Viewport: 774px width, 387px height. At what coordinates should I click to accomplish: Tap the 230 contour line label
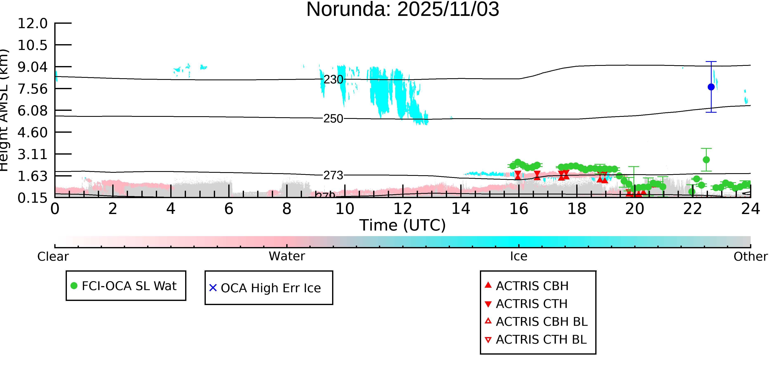pos(333,80)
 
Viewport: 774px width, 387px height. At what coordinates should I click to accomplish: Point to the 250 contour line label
pos(333,119)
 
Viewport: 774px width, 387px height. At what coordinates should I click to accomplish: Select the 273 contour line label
pos(333,175)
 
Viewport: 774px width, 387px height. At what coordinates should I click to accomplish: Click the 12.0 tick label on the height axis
pos(32,24)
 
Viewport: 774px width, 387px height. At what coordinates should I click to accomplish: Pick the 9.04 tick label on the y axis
pos(32,67)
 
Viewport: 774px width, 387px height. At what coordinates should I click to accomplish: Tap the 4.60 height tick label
pos(32,133)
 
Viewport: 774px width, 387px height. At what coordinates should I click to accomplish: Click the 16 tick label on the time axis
pos(519,209)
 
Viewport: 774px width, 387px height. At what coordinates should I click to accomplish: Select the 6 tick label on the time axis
pos(229,209)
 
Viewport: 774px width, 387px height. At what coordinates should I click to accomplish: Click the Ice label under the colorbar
pos(519,256)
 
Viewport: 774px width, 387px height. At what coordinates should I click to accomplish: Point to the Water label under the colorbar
pos(287,256)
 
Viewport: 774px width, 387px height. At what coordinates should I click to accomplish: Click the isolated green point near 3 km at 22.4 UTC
pos(706,160)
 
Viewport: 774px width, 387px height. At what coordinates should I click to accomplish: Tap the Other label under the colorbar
pos(750,257)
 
